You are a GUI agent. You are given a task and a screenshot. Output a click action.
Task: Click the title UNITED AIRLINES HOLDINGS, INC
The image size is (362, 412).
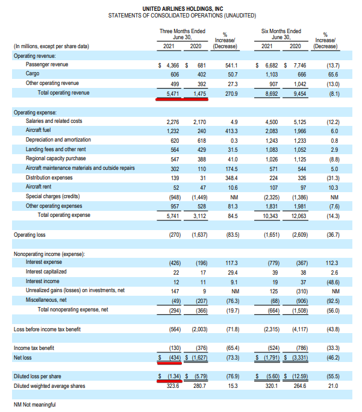[183, 9]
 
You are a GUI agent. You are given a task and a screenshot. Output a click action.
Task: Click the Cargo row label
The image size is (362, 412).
[33, 73]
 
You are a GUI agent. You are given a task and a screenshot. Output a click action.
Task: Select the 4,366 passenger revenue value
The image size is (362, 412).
[173, 66]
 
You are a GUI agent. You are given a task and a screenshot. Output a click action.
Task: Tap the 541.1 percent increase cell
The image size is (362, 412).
[231, 66]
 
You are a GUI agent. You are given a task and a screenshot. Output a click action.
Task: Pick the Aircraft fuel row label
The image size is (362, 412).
[38, 130]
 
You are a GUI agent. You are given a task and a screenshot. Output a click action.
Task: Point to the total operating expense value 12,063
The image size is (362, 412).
[299, 216]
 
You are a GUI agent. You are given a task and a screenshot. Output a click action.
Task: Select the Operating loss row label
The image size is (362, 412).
[30, 235]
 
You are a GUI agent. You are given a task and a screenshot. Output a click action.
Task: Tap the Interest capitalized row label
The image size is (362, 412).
[46, 272]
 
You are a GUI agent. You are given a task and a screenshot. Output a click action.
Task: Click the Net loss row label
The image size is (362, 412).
[23, 358]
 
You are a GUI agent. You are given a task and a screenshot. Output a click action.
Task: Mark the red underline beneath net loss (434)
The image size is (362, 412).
[169, 363]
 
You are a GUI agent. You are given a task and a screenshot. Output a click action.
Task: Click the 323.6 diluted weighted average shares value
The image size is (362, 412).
[173, 386]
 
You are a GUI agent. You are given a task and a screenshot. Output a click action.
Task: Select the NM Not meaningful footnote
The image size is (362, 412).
[35, 405]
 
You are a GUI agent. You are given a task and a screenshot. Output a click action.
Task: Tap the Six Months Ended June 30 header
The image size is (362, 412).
[281, 34]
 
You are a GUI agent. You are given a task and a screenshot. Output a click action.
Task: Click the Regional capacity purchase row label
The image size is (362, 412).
[55, 158]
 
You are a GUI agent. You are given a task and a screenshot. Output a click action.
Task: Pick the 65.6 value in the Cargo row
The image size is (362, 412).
[333, 75]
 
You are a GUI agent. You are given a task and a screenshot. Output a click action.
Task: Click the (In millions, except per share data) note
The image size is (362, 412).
[51, 46]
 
